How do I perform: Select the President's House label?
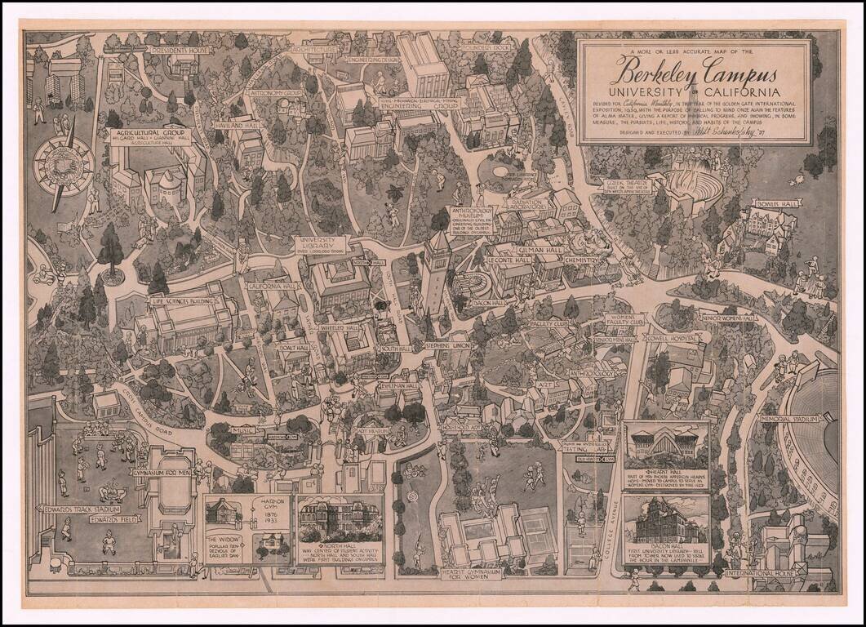tap(179, 50)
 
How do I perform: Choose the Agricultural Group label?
tap(147, 132)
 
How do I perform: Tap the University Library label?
tap(320, 242)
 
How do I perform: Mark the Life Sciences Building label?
tap(182, 300)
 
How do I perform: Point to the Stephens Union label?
tap(448, 346)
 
